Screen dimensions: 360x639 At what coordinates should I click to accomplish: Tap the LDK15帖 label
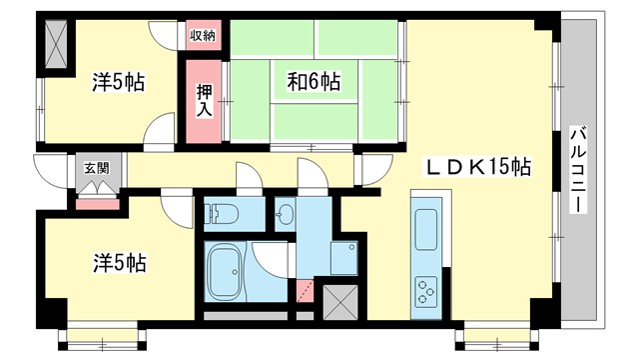coord(479,167)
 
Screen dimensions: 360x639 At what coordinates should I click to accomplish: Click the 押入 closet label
coord(203,100)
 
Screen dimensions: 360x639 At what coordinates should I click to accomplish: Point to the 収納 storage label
coord(203,36)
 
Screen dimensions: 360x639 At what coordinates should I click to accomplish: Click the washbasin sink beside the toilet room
coord(284,213)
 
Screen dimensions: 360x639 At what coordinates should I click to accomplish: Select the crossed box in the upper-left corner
coord(54,43)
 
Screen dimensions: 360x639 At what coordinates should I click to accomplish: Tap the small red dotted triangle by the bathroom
coord(305,293)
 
